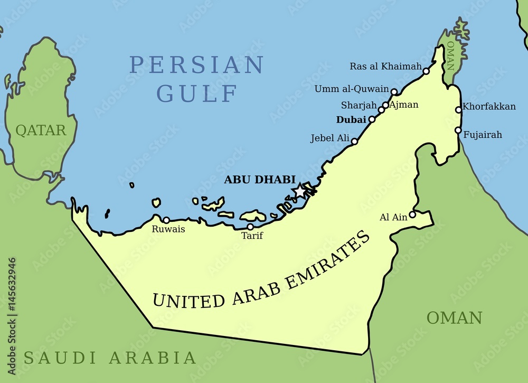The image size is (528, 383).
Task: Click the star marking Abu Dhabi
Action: pyautogui.click(x=300, y=191)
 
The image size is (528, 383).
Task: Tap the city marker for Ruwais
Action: pyautogui.click(x=166, y=220)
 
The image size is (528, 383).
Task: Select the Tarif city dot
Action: pyautogui.click(x=250, y=227)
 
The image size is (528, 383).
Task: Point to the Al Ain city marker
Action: pyautogui.click(x=412, y=214)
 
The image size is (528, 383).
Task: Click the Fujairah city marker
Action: pyautogui.click(x=458, y=130)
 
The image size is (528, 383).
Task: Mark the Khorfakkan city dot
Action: pyautogui.click(x=458, y=110)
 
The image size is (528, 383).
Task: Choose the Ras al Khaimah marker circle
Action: pyautogui.click(x=426, y=71)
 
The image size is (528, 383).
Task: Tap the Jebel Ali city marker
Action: pyautogui.click(x=354, y=141)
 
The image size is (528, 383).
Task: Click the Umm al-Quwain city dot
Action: pyautogui.click(x=394, y=91)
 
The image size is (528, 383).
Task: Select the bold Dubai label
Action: pyautogui.click(x=351, y=120)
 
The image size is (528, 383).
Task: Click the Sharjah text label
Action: pyautogui.click(x=359, y=105)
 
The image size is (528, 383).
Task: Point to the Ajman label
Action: pyautogui.click(x=403, y=105)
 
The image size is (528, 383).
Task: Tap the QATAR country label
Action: pyautogui.click(x=41, y=130)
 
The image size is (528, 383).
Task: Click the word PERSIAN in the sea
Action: pyautogui.click(x=196, y=66)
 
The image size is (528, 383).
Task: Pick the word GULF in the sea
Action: pyautogui.click(x=196, y=94)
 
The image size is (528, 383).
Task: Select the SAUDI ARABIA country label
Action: pyautogui.click(x=110, y=358)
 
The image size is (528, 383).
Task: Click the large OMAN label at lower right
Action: pyautogui.click(x=454, y=318)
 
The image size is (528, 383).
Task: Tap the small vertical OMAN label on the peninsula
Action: pyautogui.click(x=450, y=56)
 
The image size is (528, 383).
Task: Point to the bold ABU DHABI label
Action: pyautogui.click(x=259, y=180)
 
